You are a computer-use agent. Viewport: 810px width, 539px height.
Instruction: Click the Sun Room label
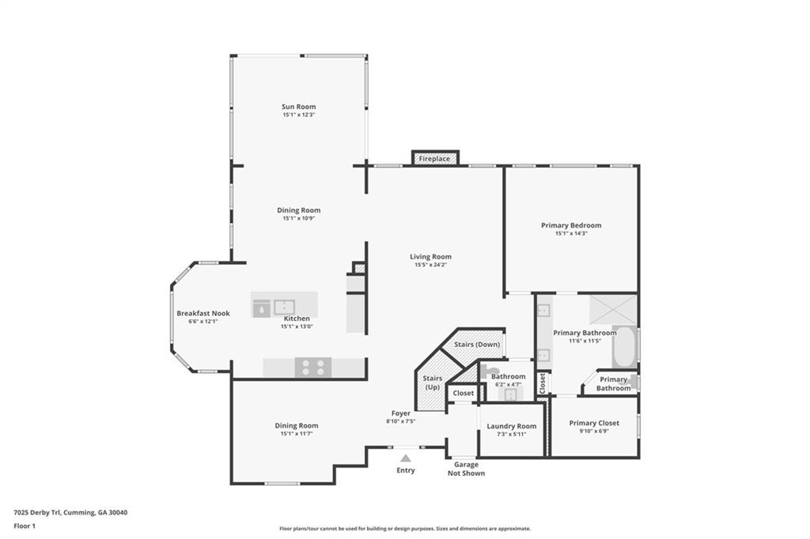pyautogui.click(x=298, y=107)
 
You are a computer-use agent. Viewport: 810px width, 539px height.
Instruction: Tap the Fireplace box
pyautogui.click(x=434, y=159)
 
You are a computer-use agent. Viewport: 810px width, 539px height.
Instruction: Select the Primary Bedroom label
pyautogui.click(x=570, y=225)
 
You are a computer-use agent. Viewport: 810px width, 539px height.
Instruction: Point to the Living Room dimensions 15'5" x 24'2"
pyautogui.click(x=430, y=265)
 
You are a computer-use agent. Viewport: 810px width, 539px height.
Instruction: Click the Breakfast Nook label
pyautogui.click(x=202, y=313)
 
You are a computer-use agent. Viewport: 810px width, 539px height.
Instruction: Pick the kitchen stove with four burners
pyautogui.click(x=313, y=367)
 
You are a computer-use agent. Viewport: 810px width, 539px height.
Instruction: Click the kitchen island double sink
pyautogui.click(x=284, y=307)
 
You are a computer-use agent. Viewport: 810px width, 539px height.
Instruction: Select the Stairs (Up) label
pyautogui.click(x=433, y=383)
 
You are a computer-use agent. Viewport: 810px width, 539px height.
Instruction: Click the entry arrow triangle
pyautogui.click(x=405, y=458)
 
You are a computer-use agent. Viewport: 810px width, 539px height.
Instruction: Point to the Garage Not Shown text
pyautogui.click(x=466, y=469)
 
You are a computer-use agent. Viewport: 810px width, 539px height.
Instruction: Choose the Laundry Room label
pyautogui.click(x=511, y=426)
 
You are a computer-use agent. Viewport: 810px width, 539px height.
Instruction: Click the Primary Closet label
pyautogui.click(x=594, y=423)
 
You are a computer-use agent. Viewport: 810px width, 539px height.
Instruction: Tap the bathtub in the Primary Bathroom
pyautogui.click(x=624, y=346)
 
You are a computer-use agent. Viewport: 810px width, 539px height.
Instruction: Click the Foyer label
pyautogui.click(x=400, y=413)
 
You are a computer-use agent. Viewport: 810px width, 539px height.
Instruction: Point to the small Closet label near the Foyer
pyautogui.click(x=463, y=393)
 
